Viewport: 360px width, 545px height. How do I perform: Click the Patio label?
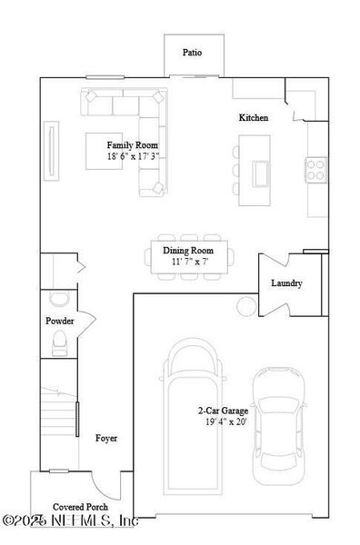pos(191,53)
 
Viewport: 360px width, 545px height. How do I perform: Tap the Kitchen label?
pos(254,118)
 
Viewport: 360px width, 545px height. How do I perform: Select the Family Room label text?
pos(133,145)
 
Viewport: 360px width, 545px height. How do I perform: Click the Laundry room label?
pos(286,283)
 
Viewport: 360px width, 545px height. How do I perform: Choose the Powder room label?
pos(60,322)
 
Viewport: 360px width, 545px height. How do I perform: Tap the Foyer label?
pos(106,438)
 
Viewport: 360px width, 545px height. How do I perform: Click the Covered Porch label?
pos(80,507)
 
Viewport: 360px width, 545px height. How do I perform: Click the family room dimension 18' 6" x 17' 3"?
pos(133,156)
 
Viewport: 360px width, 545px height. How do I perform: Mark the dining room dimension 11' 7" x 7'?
pos(187,262)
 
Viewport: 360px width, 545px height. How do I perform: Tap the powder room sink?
pos(59,300)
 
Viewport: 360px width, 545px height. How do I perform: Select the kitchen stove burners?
pos(315,168)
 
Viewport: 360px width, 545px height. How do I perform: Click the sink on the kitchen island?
pos(261,171)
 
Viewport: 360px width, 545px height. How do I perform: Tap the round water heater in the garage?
pos(245,303)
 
